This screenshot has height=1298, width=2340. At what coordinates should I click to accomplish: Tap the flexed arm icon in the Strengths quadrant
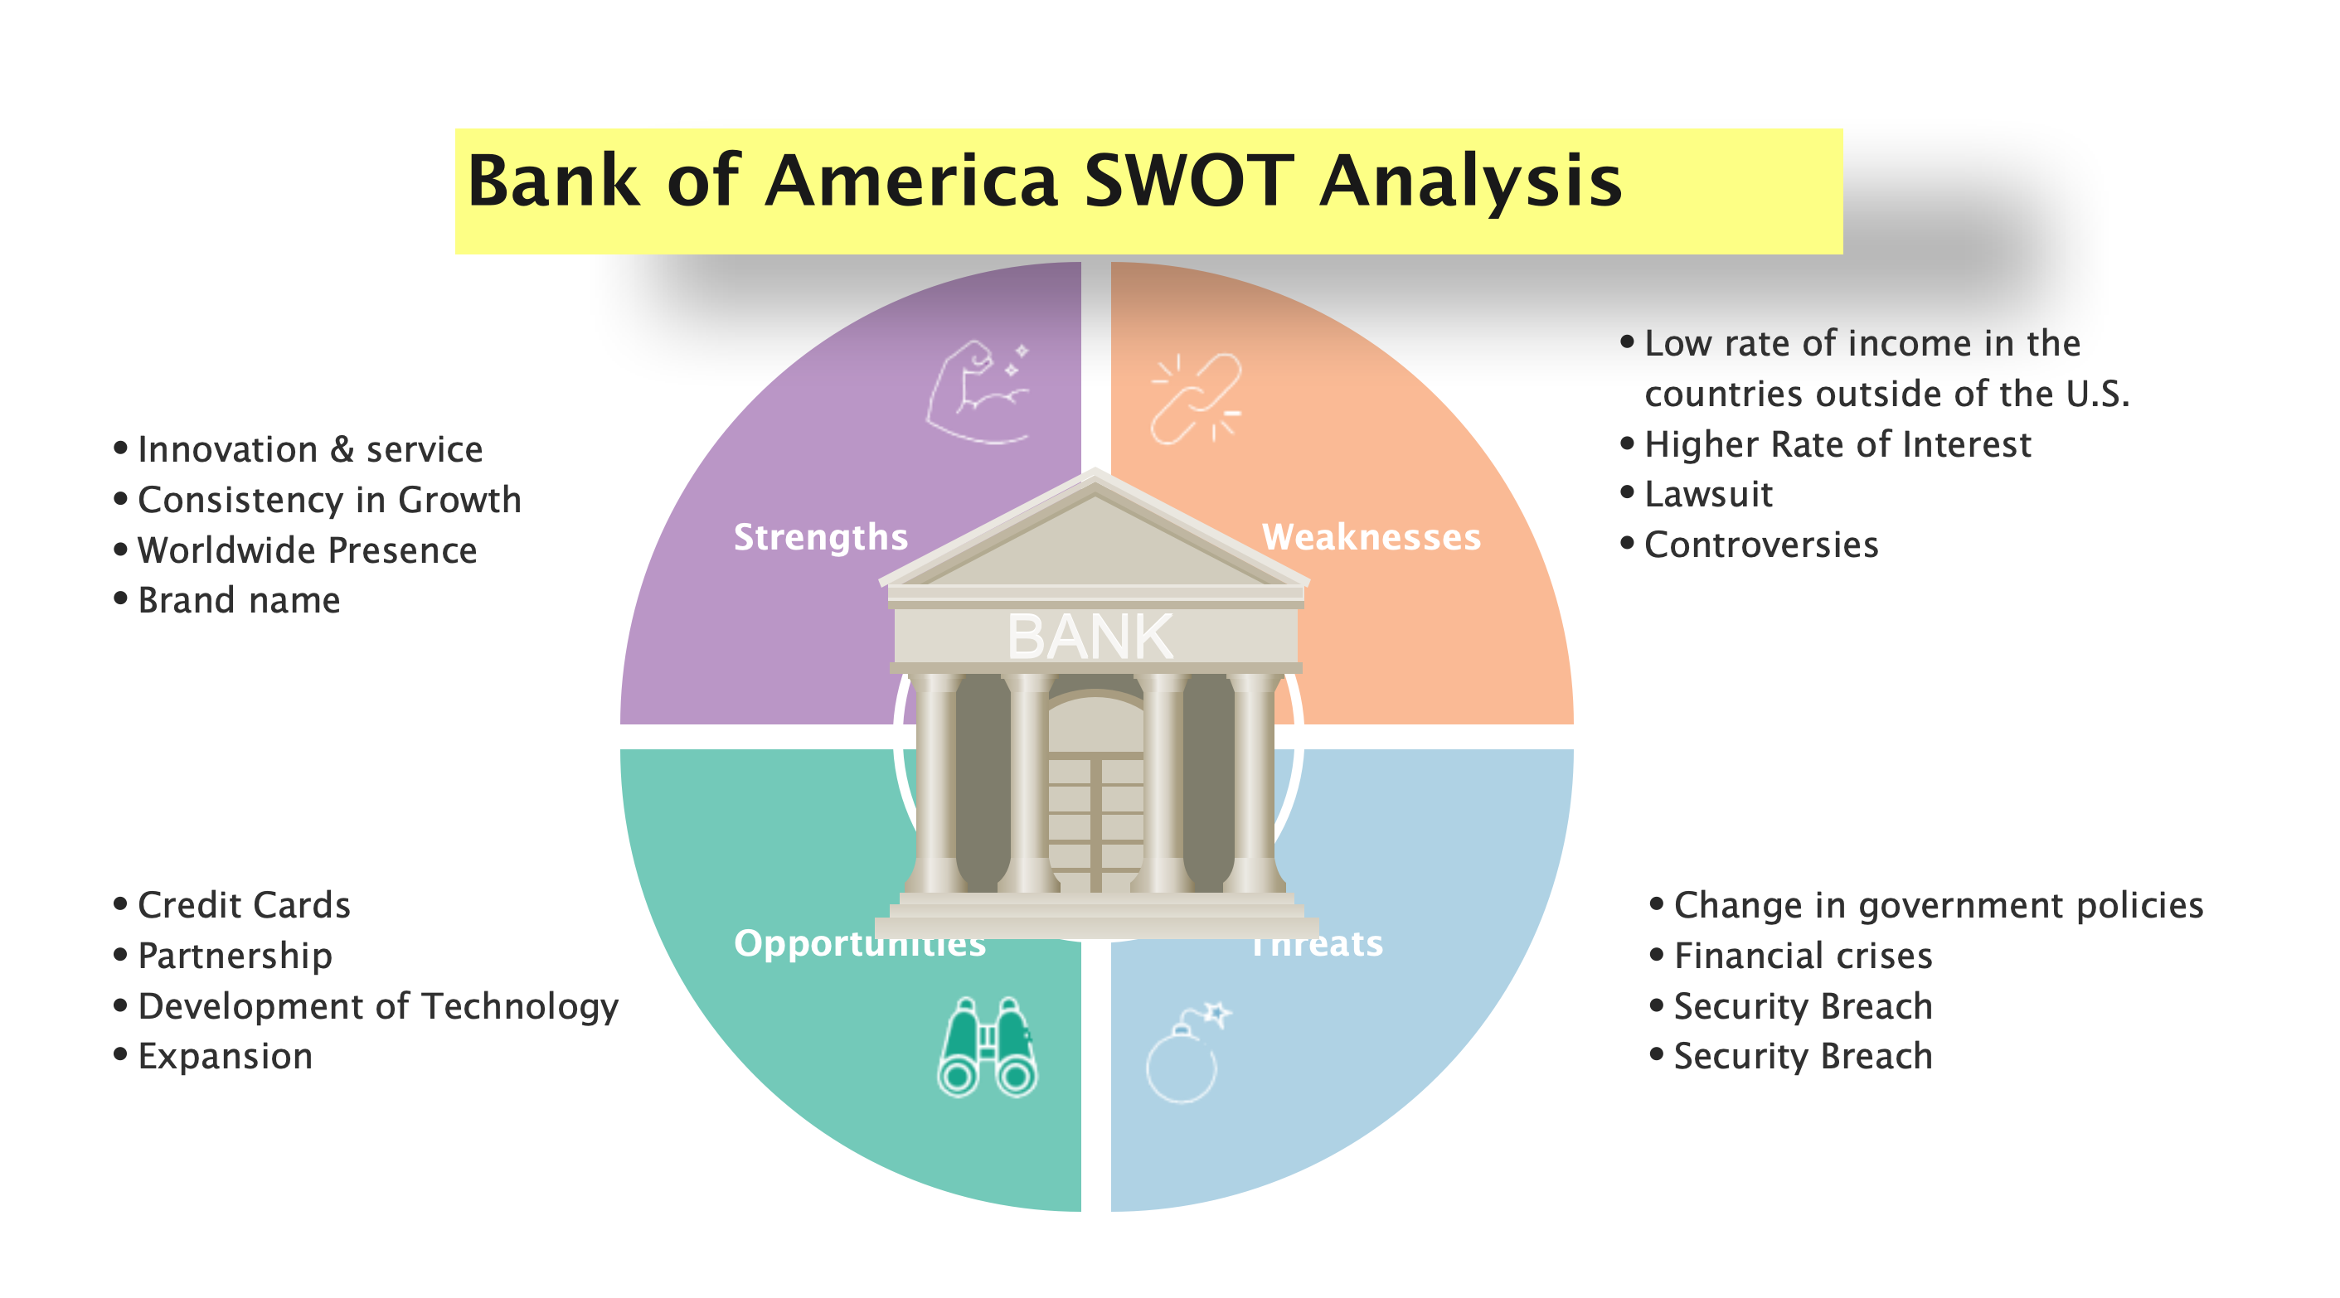(x=978, y=392)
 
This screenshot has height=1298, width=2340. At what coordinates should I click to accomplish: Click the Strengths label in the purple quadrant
(x=820, y=537)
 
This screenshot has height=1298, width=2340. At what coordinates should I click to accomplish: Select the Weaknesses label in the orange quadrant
(x=1371, y=537)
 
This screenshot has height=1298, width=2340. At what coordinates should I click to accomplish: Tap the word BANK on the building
(x=1090, y=637)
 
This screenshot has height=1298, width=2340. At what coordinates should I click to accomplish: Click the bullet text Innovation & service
(x=310, y=449)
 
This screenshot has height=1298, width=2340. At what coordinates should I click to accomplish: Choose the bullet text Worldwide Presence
(x=307, y=550)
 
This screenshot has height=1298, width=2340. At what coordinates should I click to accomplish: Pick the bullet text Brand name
(x=239, y=600)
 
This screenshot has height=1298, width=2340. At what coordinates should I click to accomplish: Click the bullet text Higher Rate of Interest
(x=1837, y=445)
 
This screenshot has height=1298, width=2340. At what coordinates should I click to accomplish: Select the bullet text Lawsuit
(x=1708, y=495)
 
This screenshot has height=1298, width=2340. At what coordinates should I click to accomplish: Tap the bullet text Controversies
(x=1760, y=545)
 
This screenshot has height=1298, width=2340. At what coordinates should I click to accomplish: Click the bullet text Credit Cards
(x=244, y=906)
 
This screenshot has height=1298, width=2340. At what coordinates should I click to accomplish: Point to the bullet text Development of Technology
(x=378, y=1006)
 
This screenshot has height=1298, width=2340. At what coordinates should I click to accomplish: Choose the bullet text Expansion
(x=226, y=1056)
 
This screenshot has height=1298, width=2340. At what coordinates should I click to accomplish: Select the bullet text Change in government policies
(x=1938, y=906)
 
